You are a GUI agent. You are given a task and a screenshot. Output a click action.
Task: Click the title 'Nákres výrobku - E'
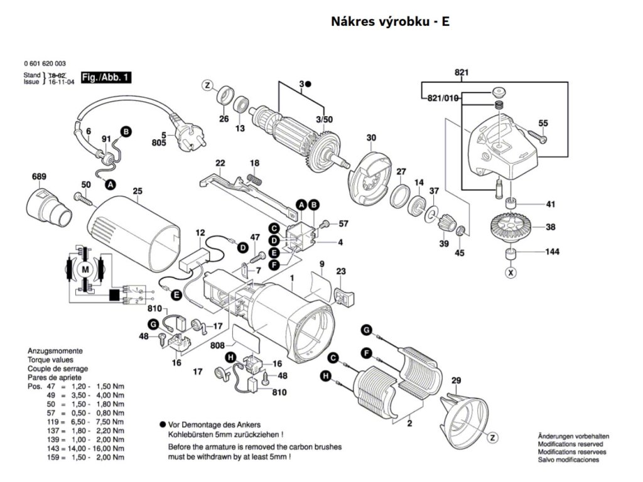tap(390, 22)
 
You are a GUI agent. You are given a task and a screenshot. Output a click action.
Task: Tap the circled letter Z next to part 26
tap(208, 85)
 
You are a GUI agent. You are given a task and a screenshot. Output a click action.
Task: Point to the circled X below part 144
tap(511, 273)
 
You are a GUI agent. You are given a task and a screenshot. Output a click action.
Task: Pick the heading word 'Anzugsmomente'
tap(55, 351)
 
